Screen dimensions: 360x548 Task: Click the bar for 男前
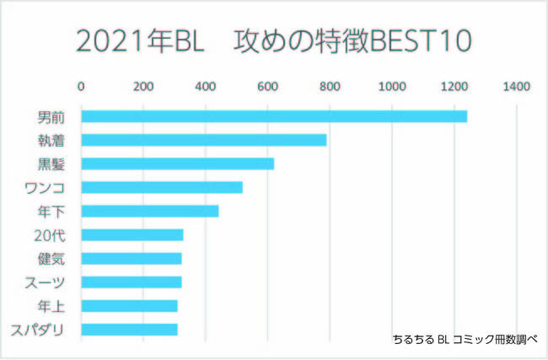coord(274,116)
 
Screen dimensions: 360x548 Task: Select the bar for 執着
coord(203,140)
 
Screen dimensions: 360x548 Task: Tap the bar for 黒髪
coord(177,164)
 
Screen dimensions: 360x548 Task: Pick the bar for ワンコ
coord(161,187)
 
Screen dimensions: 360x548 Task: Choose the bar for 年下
coord(149,211)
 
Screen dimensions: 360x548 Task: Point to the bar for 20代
coord(132,234)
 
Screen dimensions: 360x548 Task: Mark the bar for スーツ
coord(131,282)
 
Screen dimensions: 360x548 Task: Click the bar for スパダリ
coord(129,329)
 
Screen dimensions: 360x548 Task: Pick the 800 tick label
coord(330,86)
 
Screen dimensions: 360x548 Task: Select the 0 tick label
coord(81,86)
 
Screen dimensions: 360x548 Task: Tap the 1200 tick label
coord(454,86)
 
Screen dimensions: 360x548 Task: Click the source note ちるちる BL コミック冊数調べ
coord(465,338)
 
